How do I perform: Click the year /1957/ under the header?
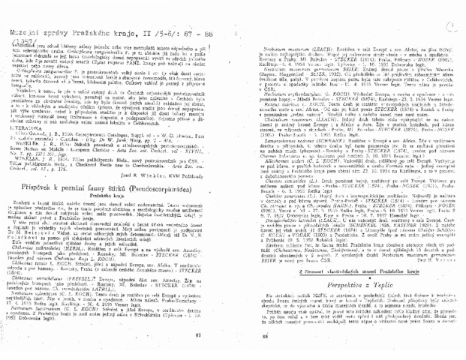[x=14, y=13]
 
